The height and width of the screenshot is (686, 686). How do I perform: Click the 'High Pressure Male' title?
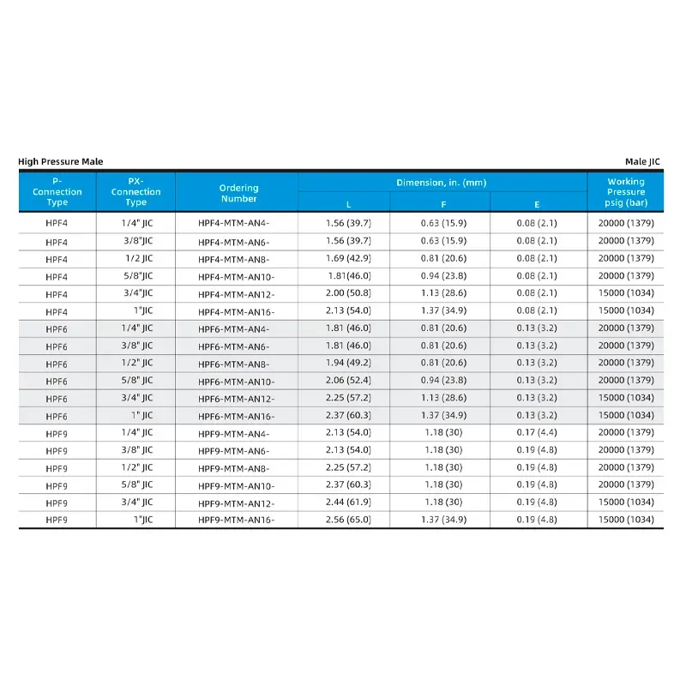(x=61, y=161)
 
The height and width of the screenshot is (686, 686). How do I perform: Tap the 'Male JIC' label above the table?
(x=644, y=161)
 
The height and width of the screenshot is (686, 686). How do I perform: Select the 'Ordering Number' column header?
(x=238, y=193)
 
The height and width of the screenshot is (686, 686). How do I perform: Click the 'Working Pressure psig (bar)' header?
(x=626, y=192)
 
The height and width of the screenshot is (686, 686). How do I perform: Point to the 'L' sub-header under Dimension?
(x=348, y=204)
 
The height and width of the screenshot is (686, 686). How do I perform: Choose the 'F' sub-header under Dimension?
(x=443, y=204)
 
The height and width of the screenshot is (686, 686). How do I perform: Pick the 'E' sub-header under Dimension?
(x=537, y=204)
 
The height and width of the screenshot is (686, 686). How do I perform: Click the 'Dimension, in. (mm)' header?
(x=442, y=183)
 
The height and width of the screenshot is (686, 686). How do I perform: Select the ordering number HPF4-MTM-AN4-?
(x=233, y=224)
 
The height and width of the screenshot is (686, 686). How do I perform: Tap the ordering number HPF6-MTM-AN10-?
(x=236, y=381)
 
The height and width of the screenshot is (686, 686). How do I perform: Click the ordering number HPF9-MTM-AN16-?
(x=236, y=520)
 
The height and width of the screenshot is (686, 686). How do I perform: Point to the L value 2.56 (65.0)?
(x=348, y=520)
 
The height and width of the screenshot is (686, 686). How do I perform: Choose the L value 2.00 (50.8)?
(x=348, y=293)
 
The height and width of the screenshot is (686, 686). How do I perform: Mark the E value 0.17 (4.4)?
(x=537, y=432)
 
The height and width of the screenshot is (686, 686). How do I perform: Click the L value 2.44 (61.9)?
(x=348, y=502)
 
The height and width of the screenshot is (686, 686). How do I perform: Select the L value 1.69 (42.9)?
(x=348, y=258)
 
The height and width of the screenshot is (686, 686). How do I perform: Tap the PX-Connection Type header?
(x=135, y=192)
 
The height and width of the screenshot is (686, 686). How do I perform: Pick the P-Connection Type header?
(x=57, y=192)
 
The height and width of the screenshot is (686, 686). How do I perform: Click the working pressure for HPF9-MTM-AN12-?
(x=626, y=502)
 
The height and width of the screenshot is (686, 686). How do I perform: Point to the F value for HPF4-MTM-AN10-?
(x=443, y=276)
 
